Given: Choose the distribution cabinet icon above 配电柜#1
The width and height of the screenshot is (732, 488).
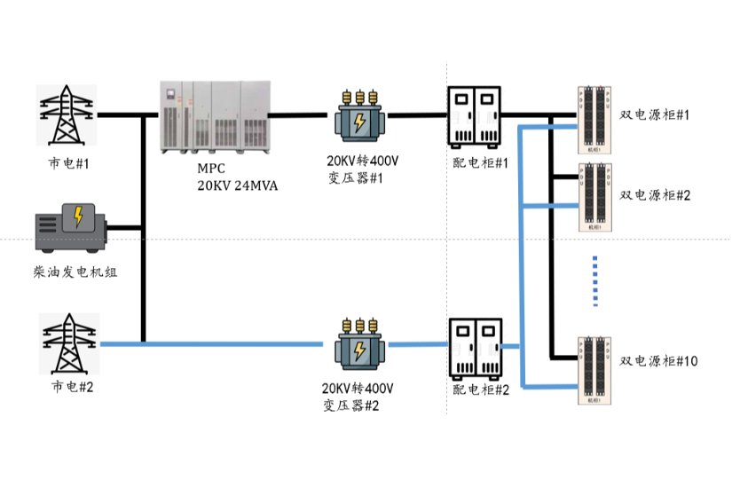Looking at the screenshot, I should coord(474,117).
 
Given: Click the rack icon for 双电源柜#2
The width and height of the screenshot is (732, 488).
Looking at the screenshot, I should coord(594,197).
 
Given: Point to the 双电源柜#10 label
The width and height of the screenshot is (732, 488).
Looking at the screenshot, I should coord(658,361).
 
